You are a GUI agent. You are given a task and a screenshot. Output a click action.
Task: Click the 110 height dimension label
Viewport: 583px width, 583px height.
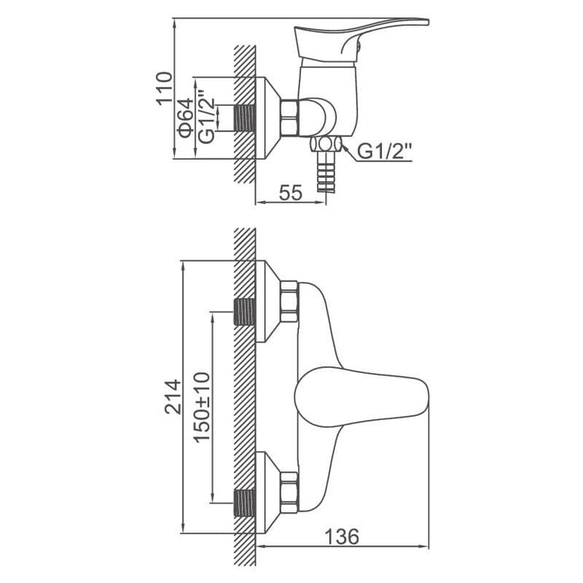pyautogui.click(x=165, y=88)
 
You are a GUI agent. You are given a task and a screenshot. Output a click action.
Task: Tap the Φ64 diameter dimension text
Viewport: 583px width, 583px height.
pyautogui.click(x=186, y=118)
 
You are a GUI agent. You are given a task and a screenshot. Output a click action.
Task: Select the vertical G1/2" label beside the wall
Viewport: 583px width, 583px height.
pyautogui.click(x=207, y=116)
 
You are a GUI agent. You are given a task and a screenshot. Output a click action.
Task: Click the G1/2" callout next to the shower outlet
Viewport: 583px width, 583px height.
pyautogui.click(x=386, y=152)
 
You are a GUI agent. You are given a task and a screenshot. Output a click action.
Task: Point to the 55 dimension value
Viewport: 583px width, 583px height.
pyautogui.click(x=291, y=192)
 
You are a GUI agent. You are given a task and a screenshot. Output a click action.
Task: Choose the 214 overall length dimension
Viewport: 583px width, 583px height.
pyautogui.click(x=173, y=396)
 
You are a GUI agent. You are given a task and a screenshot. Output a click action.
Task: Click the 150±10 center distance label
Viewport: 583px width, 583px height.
pyautogui.click(x=203, y=407)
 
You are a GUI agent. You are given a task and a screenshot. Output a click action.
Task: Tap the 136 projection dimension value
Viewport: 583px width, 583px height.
pyautogui.click(x=342, y=536)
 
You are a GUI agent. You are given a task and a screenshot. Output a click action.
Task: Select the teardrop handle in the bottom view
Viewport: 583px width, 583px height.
pyautogui.click(x=361, y=396)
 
